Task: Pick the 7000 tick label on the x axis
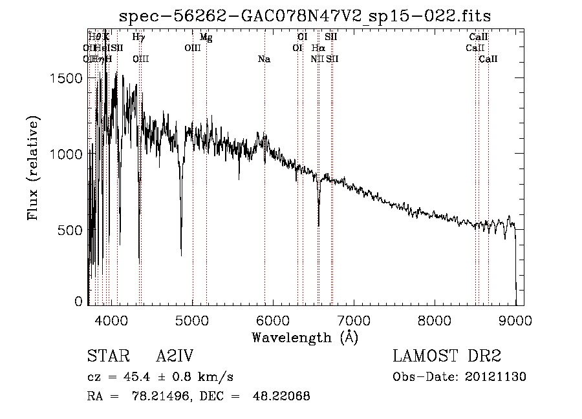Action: (x=354, y=320)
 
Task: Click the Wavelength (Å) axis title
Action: (x=305, y=336)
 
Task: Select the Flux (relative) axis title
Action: (x=33, y=168)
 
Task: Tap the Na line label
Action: (x=264, y=59)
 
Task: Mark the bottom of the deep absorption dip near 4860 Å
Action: (x=181, y=255)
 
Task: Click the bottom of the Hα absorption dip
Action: (x=318, y=225)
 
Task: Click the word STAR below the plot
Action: (x=106, y=356)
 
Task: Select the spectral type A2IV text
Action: (x=175, y=356)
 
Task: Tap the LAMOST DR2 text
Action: (x=447, y=356)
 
